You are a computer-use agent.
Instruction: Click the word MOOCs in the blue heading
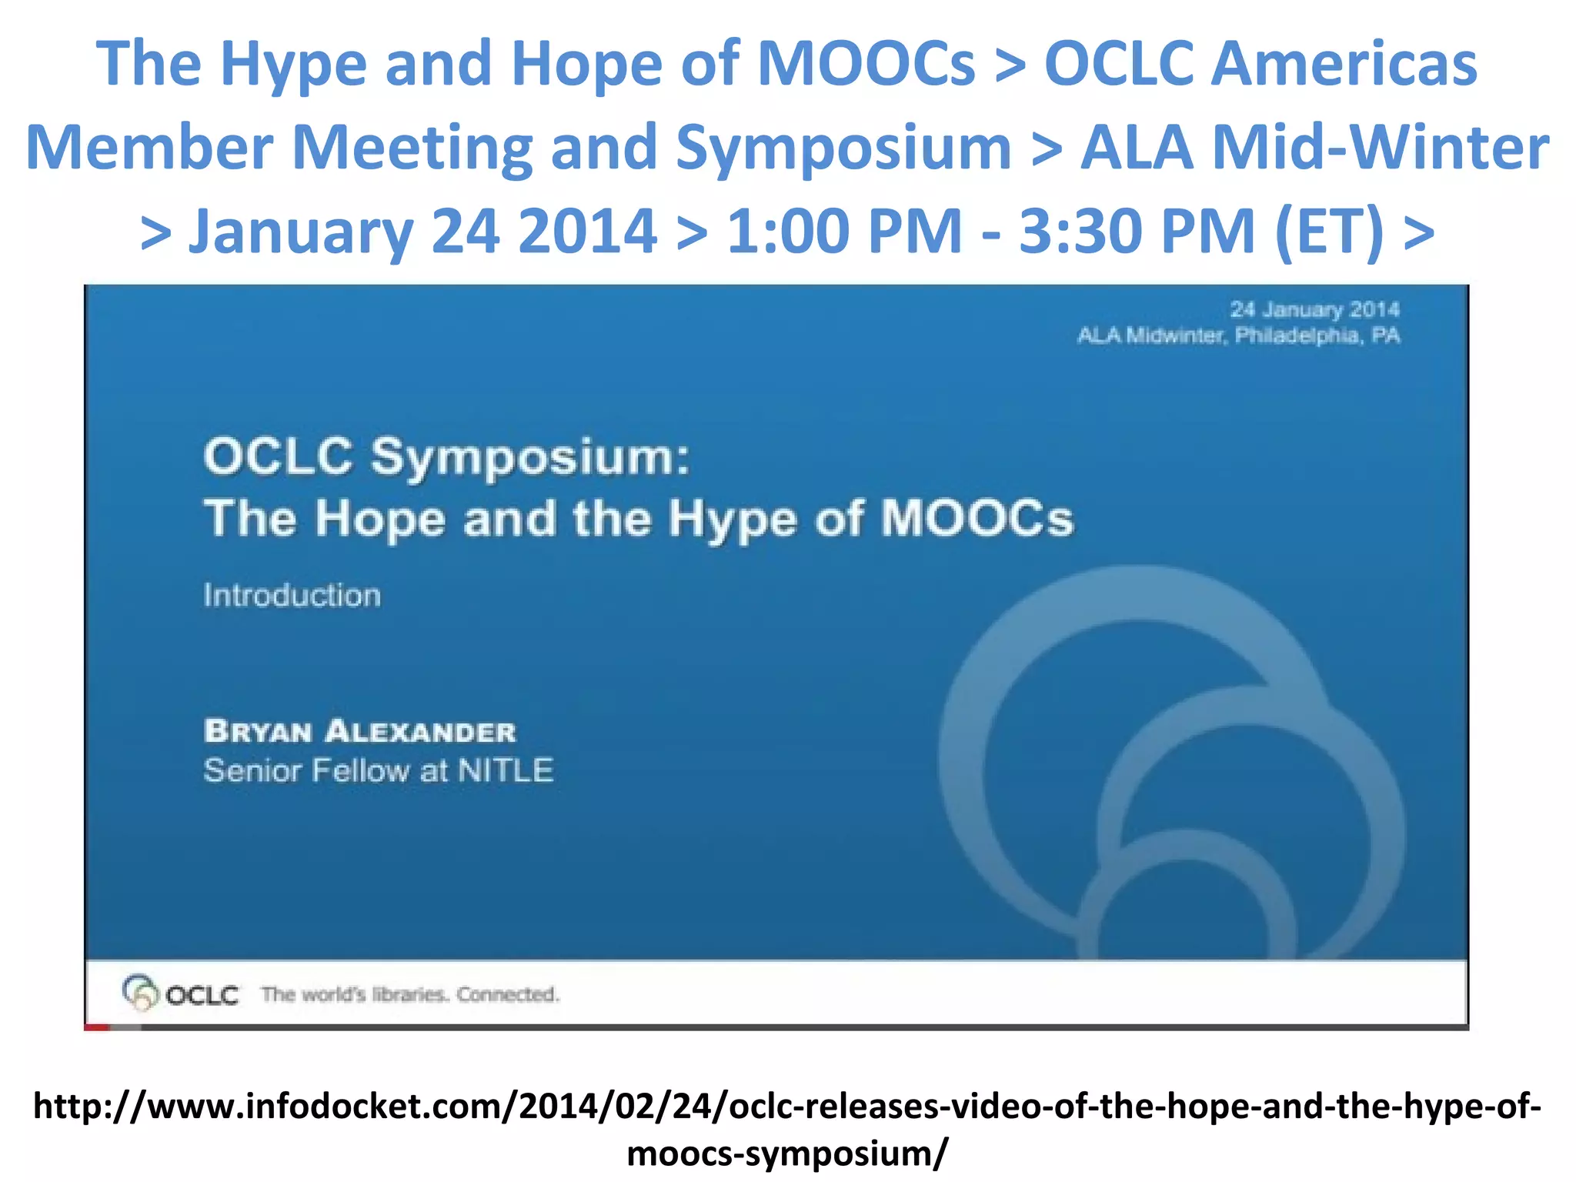pyautogui.click(x=866, y=63)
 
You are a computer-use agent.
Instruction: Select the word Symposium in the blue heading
pyautogui.click(x=843, y=148)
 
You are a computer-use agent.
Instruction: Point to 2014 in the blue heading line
pyautogui.click(x=587, y=231)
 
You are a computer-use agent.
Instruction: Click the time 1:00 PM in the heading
pyautogui.click(x=843, y=231)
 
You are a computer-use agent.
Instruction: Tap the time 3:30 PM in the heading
pyautogui.click(x=1137, y=231)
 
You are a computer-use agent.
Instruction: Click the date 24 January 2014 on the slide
pyautogui.click(x=1314, y=309)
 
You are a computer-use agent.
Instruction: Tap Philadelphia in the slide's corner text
pyautogui.click(x=1297, y=336)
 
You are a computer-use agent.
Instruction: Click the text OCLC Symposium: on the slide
pyautogui.click(x=446, y=456)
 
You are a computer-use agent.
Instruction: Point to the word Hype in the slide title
pyautogui.click(x=732, y=519)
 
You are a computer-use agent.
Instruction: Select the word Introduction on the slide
pyautogui.click(x=292, y=596)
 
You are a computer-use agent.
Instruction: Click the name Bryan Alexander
pyautogui.click(x=359, y=731)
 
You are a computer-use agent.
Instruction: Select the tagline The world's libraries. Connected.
pyautogui.click(x=409, y=994)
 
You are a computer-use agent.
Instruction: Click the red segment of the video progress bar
pyautogui.click(x=97, y=1027)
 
